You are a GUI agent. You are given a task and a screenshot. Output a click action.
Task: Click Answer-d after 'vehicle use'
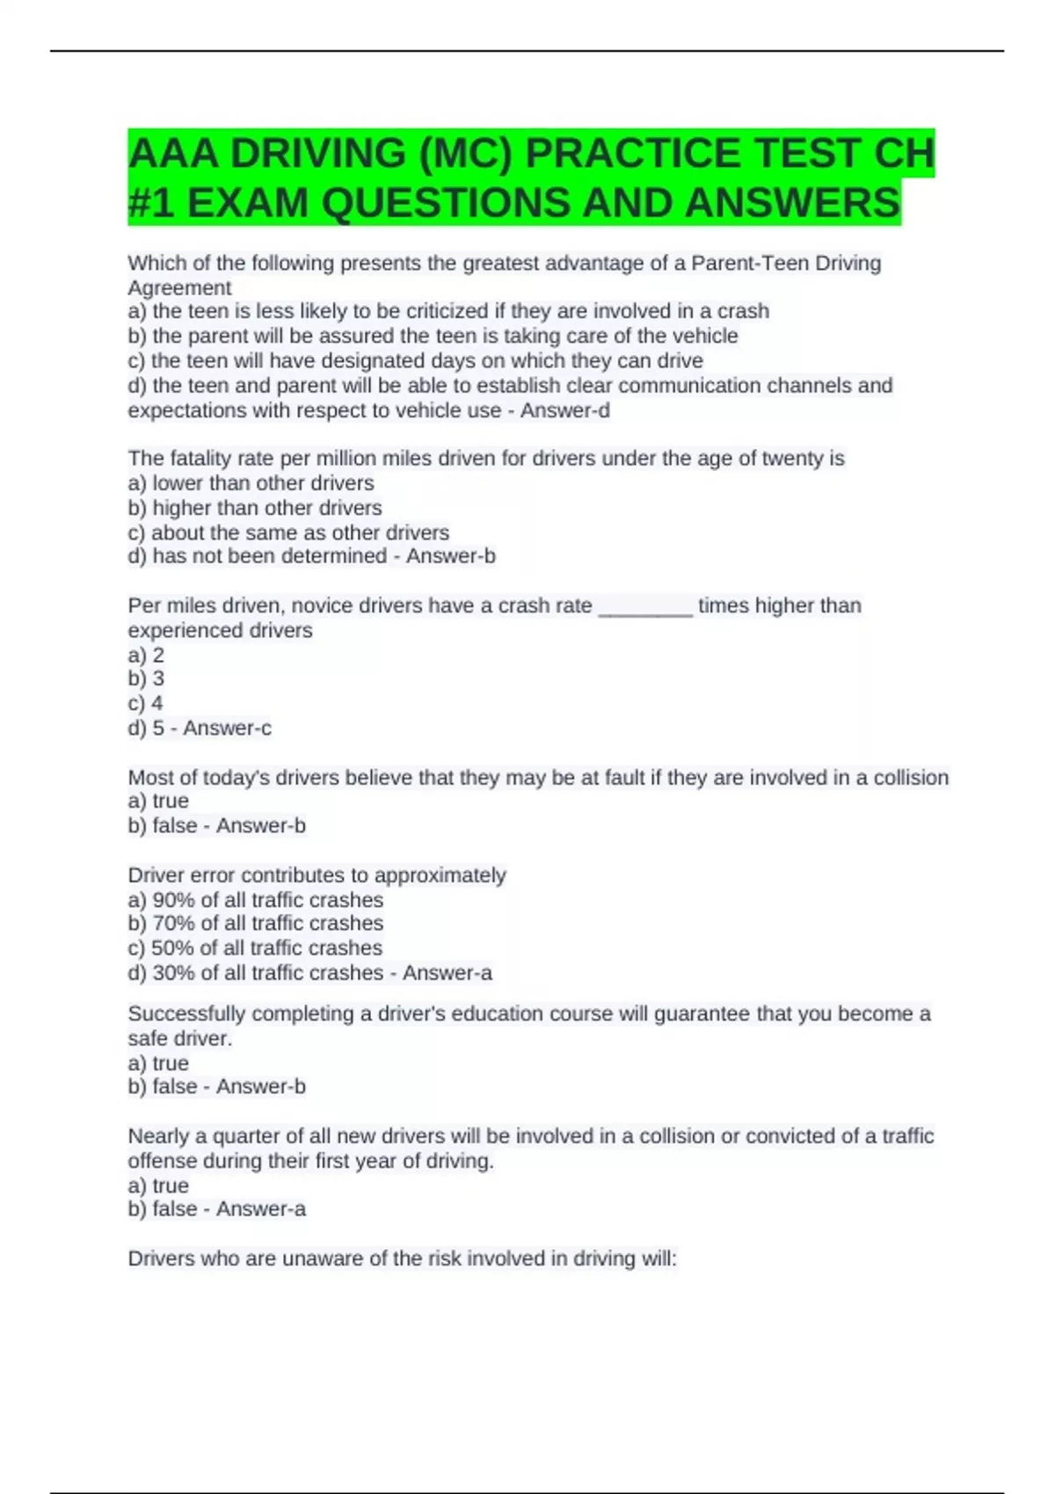pos(564,410)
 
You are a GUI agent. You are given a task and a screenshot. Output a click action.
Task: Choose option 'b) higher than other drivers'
pos(255,508)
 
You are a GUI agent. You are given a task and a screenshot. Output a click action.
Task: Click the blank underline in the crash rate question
pos(645,606)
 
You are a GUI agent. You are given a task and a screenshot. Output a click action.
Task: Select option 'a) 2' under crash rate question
pos(146,655)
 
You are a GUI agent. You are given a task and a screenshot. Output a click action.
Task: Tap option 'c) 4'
pos(146,703)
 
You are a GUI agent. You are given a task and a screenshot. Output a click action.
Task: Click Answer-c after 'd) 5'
pos(227,728)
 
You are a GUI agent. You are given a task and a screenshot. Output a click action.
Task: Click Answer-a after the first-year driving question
pos(260,1209)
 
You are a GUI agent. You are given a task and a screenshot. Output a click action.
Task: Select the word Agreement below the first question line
pos(179,287)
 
